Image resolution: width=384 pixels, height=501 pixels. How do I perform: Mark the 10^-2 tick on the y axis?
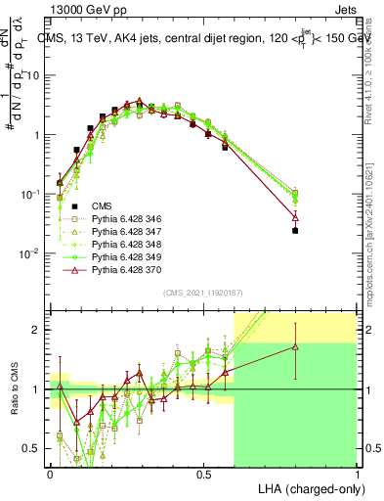click(32, 252)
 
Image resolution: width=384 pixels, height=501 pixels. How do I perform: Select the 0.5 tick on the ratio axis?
click(35, 448)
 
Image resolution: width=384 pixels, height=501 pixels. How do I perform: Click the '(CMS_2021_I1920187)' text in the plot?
click(202, 292)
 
